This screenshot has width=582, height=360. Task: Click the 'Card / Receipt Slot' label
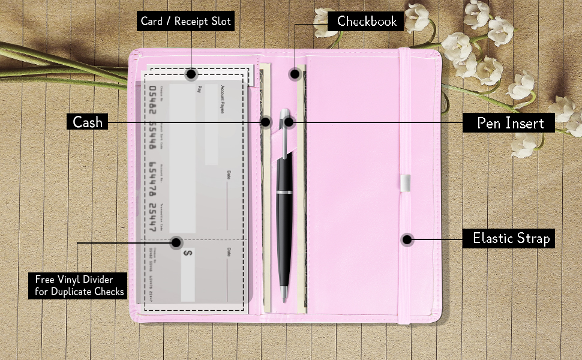pos(185,22)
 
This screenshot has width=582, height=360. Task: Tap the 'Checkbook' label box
pos(367,22)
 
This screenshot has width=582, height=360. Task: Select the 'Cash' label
pos(88,122)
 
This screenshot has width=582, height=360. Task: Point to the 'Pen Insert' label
pos(510,123)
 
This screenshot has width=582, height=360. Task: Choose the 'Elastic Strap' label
pos(511,238)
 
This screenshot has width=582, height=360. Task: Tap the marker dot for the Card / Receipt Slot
pos(191,74)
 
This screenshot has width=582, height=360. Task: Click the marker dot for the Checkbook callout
pos(295,74)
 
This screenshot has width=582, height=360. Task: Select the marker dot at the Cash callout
pos(266,122)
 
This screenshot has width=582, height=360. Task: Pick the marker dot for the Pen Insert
pos(289,122)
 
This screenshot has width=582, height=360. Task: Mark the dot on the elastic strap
pos(407,240)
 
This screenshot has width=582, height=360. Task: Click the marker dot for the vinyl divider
pos(176,243)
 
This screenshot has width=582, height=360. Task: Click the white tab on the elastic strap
pos(406,182)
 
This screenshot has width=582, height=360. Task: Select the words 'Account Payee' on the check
pos(223,96)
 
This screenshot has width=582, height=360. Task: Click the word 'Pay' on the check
pos(200,89)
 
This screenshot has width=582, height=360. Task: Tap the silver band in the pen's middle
pos(284,192)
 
